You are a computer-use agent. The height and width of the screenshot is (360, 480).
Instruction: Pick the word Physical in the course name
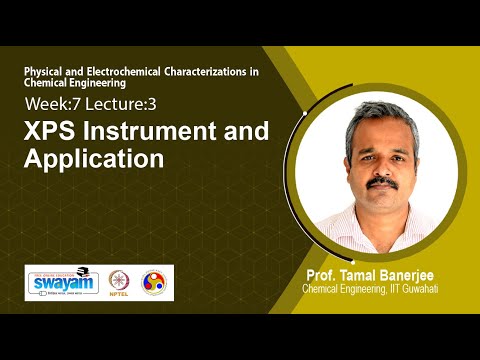pyautogui.click(x=47, y=73)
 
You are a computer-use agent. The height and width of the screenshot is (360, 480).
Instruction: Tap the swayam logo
pyautogui.click(x=63, y=283)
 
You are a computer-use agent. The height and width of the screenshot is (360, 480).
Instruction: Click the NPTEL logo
pyautogui.click(x=120, y=283)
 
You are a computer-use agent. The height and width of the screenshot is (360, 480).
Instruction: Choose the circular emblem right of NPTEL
pyautogui.click(x=154, y=283)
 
